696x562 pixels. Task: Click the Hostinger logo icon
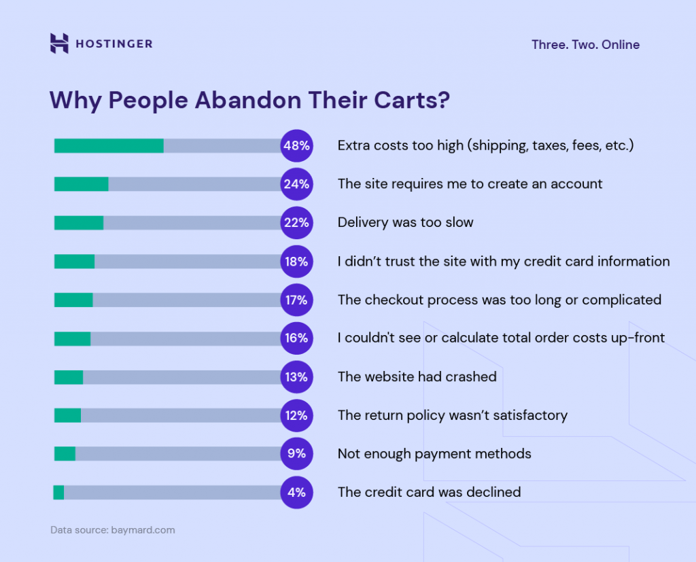point(59,43)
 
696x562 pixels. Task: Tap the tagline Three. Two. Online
point(585,45)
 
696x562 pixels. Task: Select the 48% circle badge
point(296,145)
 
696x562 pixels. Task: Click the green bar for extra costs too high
point(109,145)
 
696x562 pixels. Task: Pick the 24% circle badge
point(296,184)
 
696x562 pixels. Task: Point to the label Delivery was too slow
point(405,222)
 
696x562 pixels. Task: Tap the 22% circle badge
point(296,222)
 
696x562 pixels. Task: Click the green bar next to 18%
point(74,262)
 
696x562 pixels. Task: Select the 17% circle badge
point(296,300)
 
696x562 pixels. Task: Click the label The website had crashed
point(417,376)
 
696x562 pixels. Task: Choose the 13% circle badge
point(296,376)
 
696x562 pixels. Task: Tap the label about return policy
point(452,415)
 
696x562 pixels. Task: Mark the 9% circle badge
point(296,453)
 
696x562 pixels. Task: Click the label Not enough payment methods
point(434,453)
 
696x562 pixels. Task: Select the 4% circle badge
point(296,492)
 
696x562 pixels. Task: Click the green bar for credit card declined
point(58,492)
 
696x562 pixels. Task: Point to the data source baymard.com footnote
point(112,530)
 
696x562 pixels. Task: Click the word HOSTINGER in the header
point(114,44)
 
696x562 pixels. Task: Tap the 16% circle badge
point(296,338)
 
